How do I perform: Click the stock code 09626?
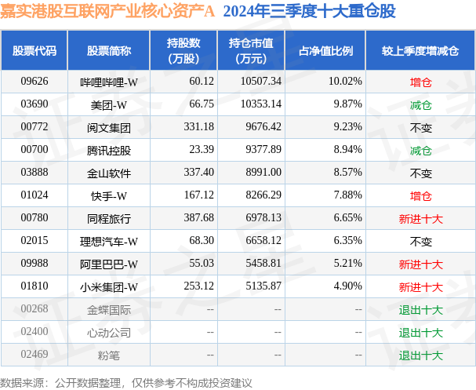pos(35,82)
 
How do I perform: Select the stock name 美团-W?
pos(108,104)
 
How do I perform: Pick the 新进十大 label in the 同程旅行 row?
pos(420,218)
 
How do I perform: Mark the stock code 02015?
pos(35,241)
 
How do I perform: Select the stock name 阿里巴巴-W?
pos(108,264)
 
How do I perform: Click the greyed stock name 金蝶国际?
pos(108,309)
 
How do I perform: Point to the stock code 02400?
pos(35,332)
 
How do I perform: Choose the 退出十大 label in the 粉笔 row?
pos(420,355)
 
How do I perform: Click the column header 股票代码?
pos(35,51)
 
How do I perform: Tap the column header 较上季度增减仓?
pos(420,51)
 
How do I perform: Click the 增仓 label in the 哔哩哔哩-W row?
pos(420,82)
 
